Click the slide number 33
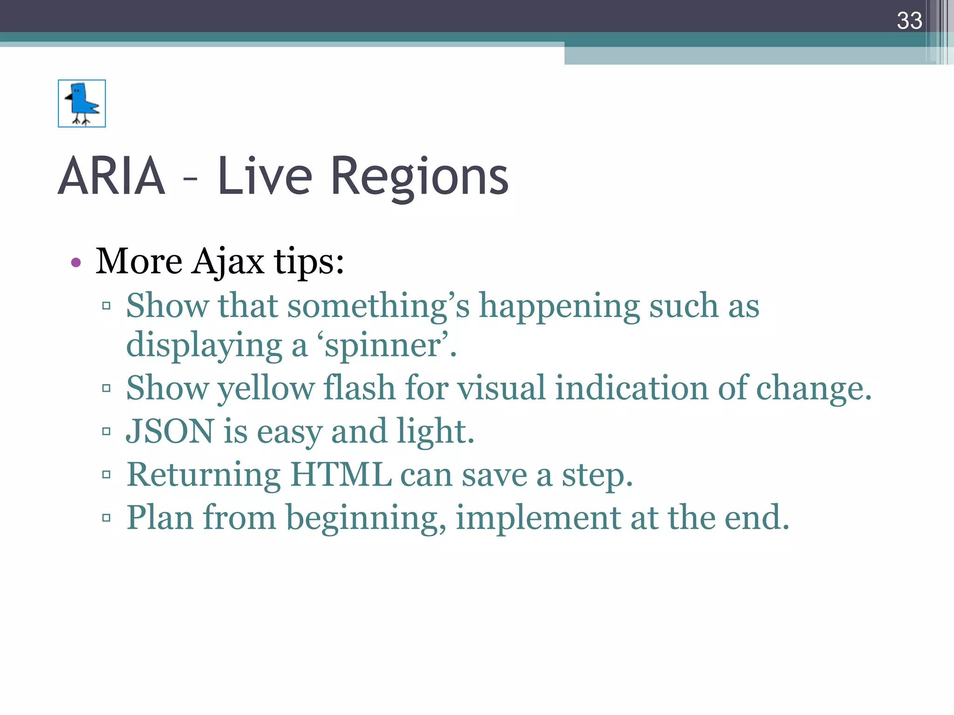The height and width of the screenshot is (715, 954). pyautogui.click(x=909, y=21)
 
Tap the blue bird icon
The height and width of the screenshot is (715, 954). pyautogui.click(x=82, y=103)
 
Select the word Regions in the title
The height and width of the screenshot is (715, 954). pyautogui.click(x=419, y=177)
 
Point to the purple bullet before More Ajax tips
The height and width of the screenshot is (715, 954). pyautogui.click(x=76, y=263)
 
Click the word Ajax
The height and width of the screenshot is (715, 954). pyautogui.click(x=228, y=262)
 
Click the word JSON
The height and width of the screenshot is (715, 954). pyautogui.click(x=170, y=431)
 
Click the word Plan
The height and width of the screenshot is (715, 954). pyautogui.click(x=160, y=517)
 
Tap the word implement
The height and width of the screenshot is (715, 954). pyautogui.click(x=538, y=517)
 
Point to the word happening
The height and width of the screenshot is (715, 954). pyautogui.click(x=559, y=306)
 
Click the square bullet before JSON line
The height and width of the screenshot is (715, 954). pyautogui.click(x=106, y=432)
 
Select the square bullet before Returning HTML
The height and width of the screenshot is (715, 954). pyautogui.click(x=106, y=475)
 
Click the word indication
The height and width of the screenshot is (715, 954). pyautogui.click(x=631, y=388)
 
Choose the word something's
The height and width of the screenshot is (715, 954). pyautogui.click(x=378, y=306)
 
